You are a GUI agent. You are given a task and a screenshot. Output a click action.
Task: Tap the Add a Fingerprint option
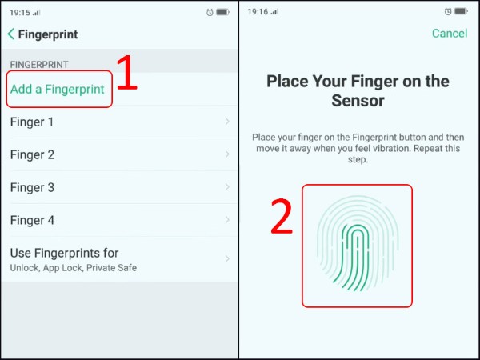(x=57, y=89)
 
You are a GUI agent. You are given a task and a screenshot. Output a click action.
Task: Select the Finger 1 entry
(x=32, y=122)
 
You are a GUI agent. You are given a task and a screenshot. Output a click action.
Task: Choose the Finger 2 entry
(x=32, y=154)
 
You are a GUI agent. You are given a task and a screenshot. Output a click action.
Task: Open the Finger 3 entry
(x=32, y=187)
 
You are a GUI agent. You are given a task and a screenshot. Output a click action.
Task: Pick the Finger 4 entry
(x=32, y=220)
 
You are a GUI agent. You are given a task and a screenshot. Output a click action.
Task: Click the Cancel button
(x=449, y=34)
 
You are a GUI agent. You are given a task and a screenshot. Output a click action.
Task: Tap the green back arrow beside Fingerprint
(x=11, y=34)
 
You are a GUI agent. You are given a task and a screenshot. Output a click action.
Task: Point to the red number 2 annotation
(x=281, y=216)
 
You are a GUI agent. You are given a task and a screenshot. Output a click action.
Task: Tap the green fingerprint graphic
(x=357, y=246)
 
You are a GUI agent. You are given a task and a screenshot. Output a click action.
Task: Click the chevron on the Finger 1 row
(x=227, y=122)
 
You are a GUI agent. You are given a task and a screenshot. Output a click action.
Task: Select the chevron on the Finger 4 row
(x=227, y=220)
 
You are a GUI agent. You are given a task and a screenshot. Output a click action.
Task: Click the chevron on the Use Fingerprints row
(x=227, y=259)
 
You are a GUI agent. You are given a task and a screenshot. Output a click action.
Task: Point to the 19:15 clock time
(x=20, y=12)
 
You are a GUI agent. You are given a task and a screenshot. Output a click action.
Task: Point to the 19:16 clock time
(x=258, y=12)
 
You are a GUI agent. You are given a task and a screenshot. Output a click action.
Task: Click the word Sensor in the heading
(x=358, y=102)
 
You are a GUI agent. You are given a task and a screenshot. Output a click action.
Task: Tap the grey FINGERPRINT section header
(x=39, y=63)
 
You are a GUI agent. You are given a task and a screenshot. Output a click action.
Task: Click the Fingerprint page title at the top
(x=48, y=34)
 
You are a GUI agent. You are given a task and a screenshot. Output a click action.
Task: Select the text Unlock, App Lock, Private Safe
(x=73, y=268)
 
